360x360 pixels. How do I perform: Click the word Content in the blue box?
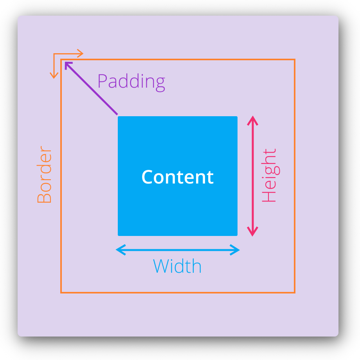177,177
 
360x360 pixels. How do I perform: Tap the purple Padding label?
131,82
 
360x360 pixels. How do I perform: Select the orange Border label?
44,175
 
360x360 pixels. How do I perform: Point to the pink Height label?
269,175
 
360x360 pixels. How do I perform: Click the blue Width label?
177,266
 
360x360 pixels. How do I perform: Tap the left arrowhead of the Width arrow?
119,250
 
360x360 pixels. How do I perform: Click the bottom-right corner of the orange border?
294,292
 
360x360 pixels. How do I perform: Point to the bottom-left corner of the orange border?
61,292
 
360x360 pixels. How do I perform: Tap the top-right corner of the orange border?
294,60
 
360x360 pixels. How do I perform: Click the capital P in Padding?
102,81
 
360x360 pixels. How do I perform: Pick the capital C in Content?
147,177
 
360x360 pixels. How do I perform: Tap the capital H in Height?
269,196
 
